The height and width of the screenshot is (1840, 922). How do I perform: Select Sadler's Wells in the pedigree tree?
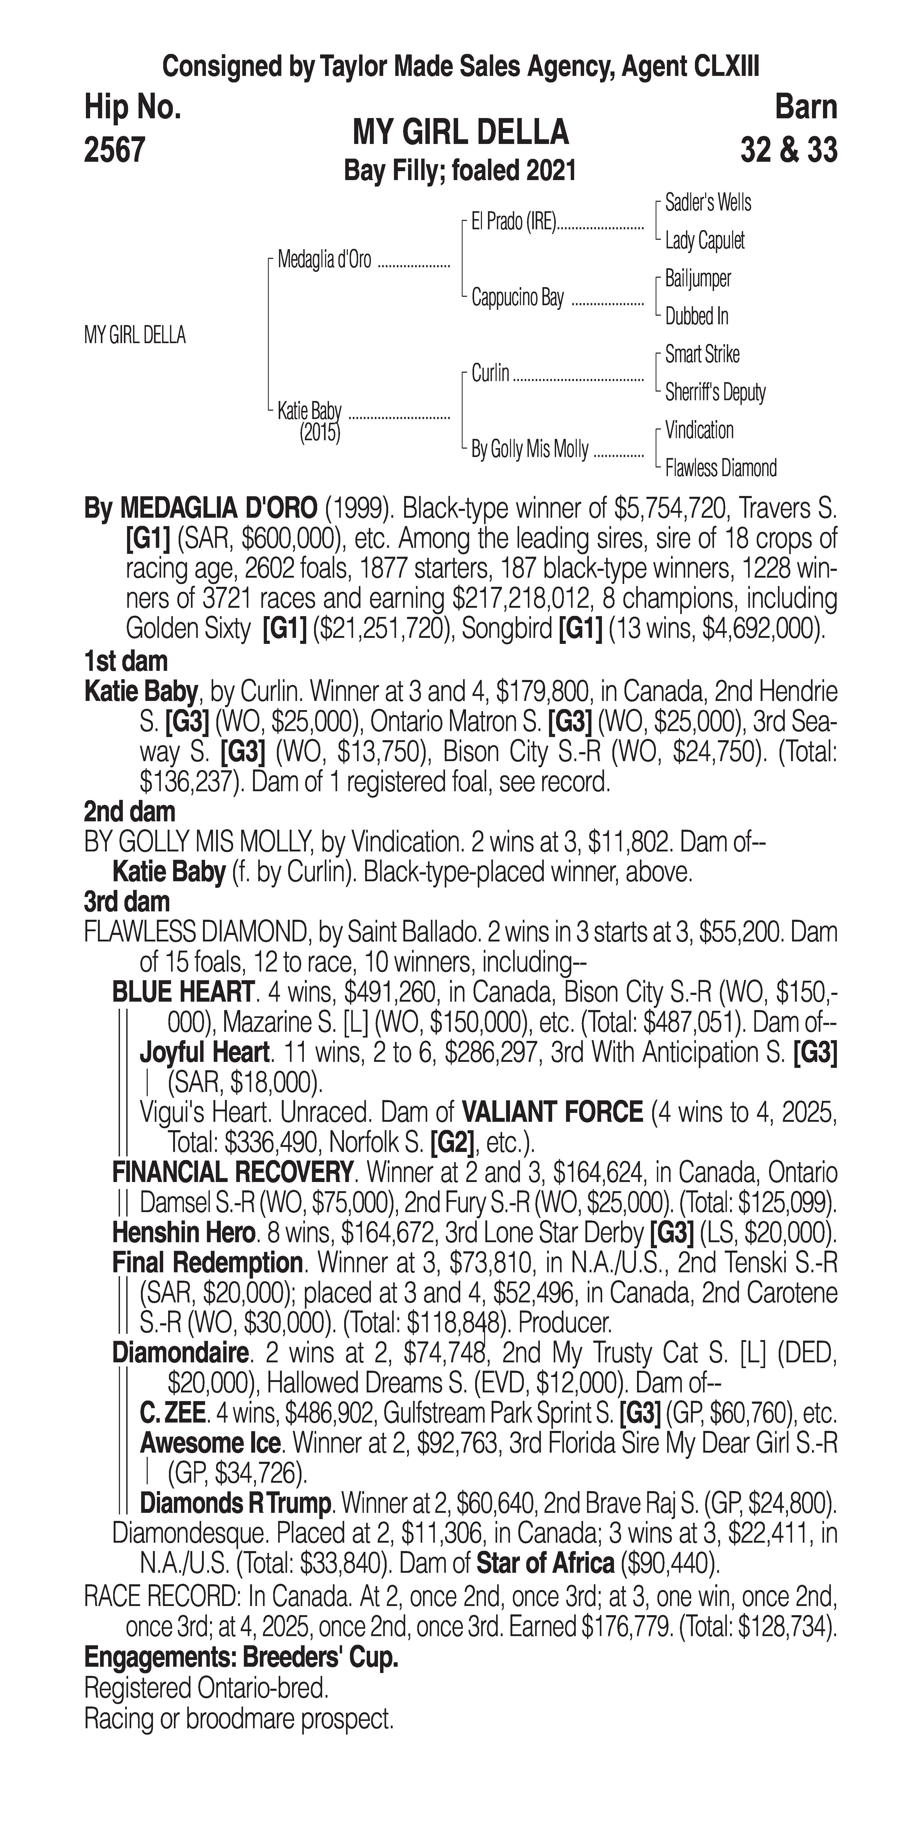pos(707,203)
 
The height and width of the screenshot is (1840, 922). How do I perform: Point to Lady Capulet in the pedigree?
pos(704,241)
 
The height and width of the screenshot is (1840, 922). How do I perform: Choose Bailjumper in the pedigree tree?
pos(698,278)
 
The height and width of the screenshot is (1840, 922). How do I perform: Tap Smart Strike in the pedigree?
pos(702,354)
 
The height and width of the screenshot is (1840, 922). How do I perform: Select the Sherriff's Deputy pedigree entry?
pos(715,392)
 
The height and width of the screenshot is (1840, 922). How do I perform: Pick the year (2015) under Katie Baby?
pos(320,433)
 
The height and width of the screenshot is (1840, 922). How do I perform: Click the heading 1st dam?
pos(126,661)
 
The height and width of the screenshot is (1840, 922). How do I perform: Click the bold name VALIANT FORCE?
pos(552,1112)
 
